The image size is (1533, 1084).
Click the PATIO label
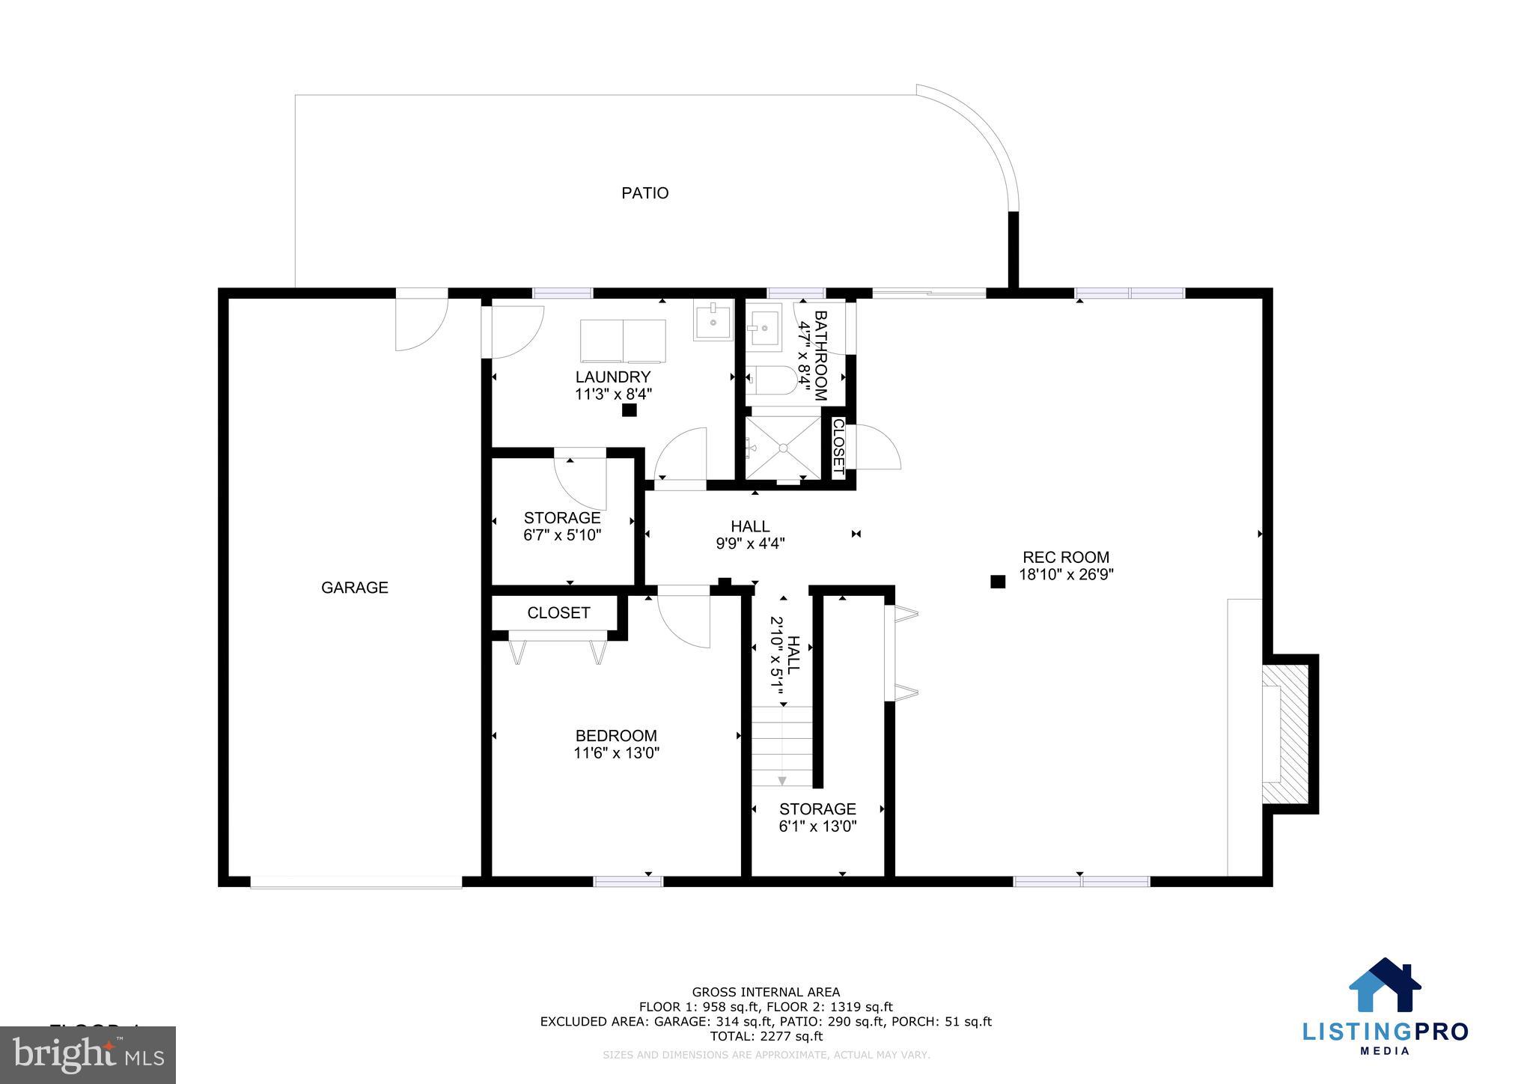click(644, 193)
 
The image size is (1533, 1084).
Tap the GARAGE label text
click(354, 588)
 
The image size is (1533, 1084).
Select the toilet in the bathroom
click(771, 380)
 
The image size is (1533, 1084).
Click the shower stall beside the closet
click(783, 448)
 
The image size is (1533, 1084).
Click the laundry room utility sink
click(713, 320)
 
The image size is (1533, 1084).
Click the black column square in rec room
click(997, 582)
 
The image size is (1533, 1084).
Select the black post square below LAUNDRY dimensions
click(630, 410)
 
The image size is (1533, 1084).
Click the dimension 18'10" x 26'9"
click(1066, 575)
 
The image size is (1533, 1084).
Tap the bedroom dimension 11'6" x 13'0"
click(616, 753)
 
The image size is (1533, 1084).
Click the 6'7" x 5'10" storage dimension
click(561, 535)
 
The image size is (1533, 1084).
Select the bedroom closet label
click(558, 613)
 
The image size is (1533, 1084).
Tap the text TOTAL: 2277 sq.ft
click(766, 1037)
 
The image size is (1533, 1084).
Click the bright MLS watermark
click(88, 1055)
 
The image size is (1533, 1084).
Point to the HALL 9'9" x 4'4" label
click(750, 535)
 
